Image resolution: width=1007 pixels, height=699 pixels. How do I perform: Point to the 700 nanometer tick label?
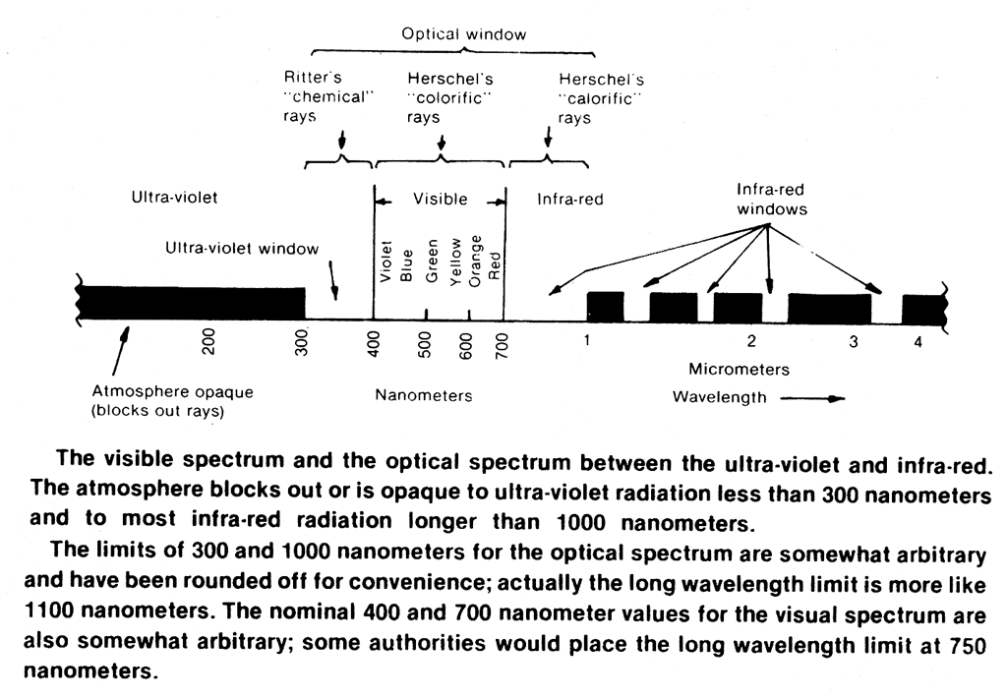click(x=503, y=341)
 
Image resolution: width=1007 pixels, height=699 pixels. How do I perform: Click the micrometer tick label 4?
click(x=917, y=342)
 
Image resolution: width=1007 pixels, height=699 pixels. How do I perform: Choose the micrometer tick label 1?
click(x=586, y=341)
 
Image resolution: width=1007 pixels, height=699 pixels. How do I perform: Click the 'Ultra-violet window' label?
click(x=235, y=248)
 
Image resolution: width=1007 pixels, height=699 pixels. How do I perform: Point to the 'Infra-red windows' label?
click(x=772, y=199)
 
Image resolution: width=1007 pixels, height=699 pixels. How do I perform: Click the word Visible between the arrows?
click(x=440, y=199)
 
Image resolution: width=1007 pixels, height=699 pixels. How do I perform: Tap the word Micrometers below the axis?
click(x=739, y=370)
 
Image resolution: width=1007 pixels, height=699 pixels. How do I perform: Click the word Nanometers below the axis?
click(x=424, y=395)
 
